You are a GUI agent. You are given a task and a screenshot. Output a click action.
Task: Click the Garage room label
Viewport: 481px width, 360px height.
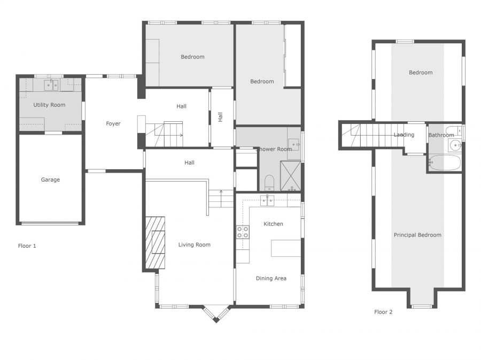[x=50, y=180]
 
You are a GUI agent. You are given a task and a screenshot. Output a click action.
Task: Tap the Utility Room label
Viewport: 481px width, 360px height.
[x=49, y=105]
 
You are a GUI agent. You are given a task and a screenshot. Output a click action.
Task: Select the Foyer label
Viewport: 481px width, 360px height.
[x=113, y=124]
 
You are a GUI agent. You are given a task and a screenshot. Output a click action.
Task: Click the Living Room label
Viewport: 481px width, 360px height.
[x=194, y=245]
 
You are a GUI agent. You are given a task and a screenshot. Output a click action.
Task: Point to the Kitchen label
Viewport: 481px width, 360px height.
[x=273, y=224]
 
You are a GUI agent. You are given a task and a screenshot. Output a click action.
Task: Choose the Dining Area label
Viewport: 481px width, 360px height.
[x=271, y=278]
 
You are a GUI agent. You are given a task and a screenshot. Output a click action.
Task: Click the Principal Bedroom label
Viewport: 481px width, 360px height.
[x=417, y=235]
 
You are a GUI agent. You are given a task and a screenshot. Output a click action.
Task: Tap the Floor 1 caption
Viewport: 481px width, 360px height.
[x=27, y=246]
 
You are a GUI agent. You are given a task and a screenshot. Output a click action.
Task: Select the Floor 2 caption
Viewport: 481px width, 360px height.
[x=383, y=312]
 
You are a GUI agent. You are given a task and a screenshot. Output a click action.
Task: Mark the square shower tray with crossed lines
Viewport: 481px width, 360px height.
[x=291, y=176]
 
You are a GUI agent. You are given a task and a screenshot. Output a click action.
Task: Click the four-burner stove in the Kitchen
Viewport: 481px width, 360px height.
[x=242, y=232]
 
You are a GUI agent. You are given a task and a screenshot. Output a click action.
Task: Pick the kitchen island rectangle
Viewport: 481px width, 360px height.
[x=286, y=248]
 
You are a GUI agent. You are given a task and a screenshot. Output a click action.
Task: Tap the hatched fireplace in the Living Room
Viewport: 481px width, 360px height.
[x=156, y=242]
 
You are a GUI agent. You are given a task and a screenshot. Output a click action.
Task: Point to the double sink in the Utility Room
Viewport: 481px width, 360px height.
[x=51, y=84]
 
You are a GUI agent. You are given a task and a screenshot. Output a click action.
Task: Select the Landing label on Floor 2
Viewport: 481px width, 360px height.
[x=404, y=135]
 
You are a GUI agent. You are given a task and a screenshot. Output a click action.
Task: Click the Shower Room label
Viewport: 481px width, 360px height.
[x=274, y=149]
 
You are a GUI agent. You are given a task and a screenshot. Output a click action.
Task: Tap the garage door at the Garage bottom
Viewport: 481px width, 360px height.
[x=50, y=223]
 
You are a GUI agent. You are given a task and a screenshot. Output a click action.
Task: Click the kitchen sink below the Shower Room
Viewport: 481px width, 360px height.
[x=267, y=200]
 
